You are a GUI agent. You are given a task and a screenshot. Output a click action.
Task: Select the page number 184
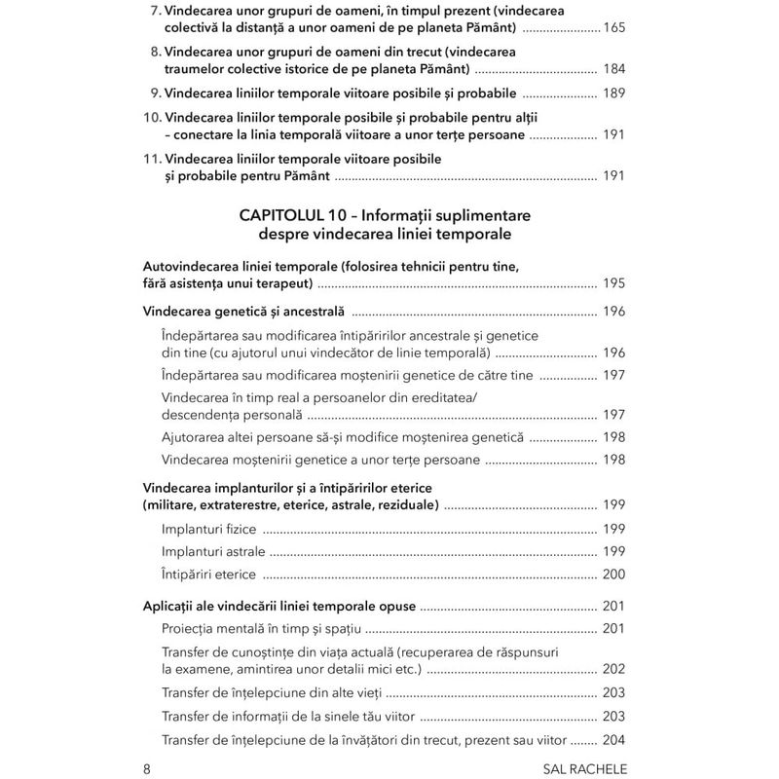(613, 70)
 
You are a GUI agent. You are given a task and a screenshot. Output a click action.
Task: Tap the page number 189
(613, 96)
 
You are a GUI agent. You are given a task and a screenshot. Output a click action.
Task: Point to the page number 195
(613, 283)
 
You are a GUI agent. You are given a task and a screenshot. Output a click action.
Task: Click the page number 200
(613, 575)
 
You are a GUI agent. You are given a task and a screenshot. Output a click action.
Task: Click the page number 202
(613, 668)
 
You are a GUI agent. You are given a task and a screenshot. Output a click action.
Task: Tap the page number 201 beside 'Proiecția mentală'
(613, 628)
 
